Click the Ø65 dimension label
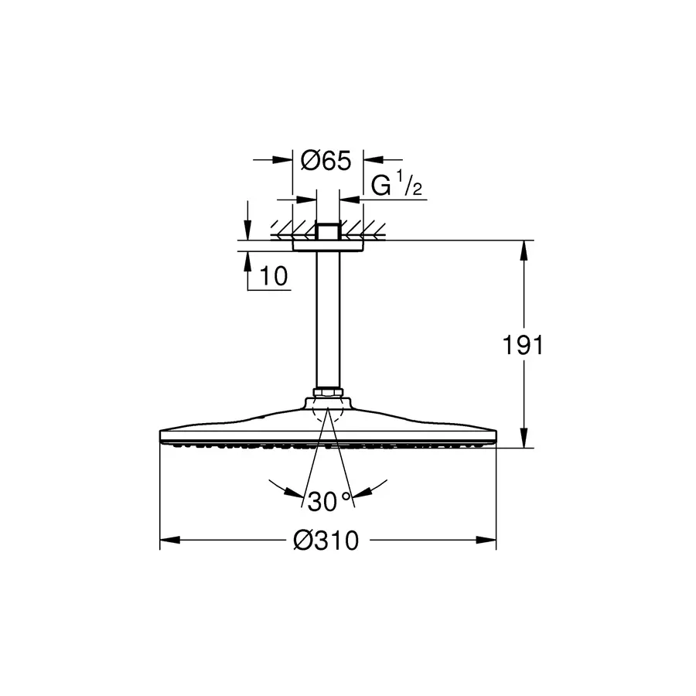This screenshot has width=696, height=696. [326, 161]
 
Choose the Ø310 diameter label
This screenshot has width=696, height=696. [326, 541]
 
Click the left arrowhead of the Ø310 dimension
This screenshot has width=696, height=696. [169, 541]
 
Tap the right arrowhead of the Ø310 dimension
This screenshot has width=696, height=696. [486, 541]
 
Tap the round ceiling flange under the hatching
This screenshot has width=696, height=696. [328, 244]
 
